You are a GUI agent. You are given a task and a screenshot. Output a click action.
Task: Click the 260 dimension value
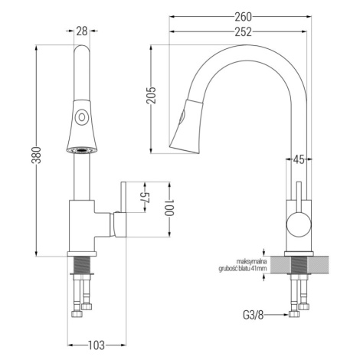click(x=243, y=17)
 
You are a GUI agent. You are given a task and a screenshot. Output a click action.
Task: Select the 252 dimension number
click(x=243, y=32)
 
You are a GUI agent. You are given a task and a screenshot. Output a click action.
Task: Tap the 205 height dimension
click(x=151, y=96)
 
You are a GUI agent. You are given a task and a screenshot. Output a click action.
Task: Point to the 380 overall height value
click(x=36, y=155)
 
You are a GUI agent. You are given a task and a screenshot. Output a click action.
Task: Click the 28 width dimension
click(x=82, y=31)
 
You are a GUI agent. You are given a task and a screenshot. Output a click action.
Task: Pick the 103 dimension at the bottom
click(x=97, y=345)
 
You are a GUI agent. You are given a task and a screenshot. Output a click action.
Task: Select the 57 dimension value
click(x=146, y=197)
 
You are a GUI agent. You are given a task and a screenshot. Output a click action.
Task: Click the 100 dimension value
click(x=169, y=208)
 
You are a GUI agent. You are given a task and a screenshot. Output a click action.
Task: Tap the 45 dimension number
click(x=299, y=160)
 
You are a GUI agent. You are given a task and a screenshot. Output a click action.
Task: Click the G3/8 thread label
click(x=253, y=315)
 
